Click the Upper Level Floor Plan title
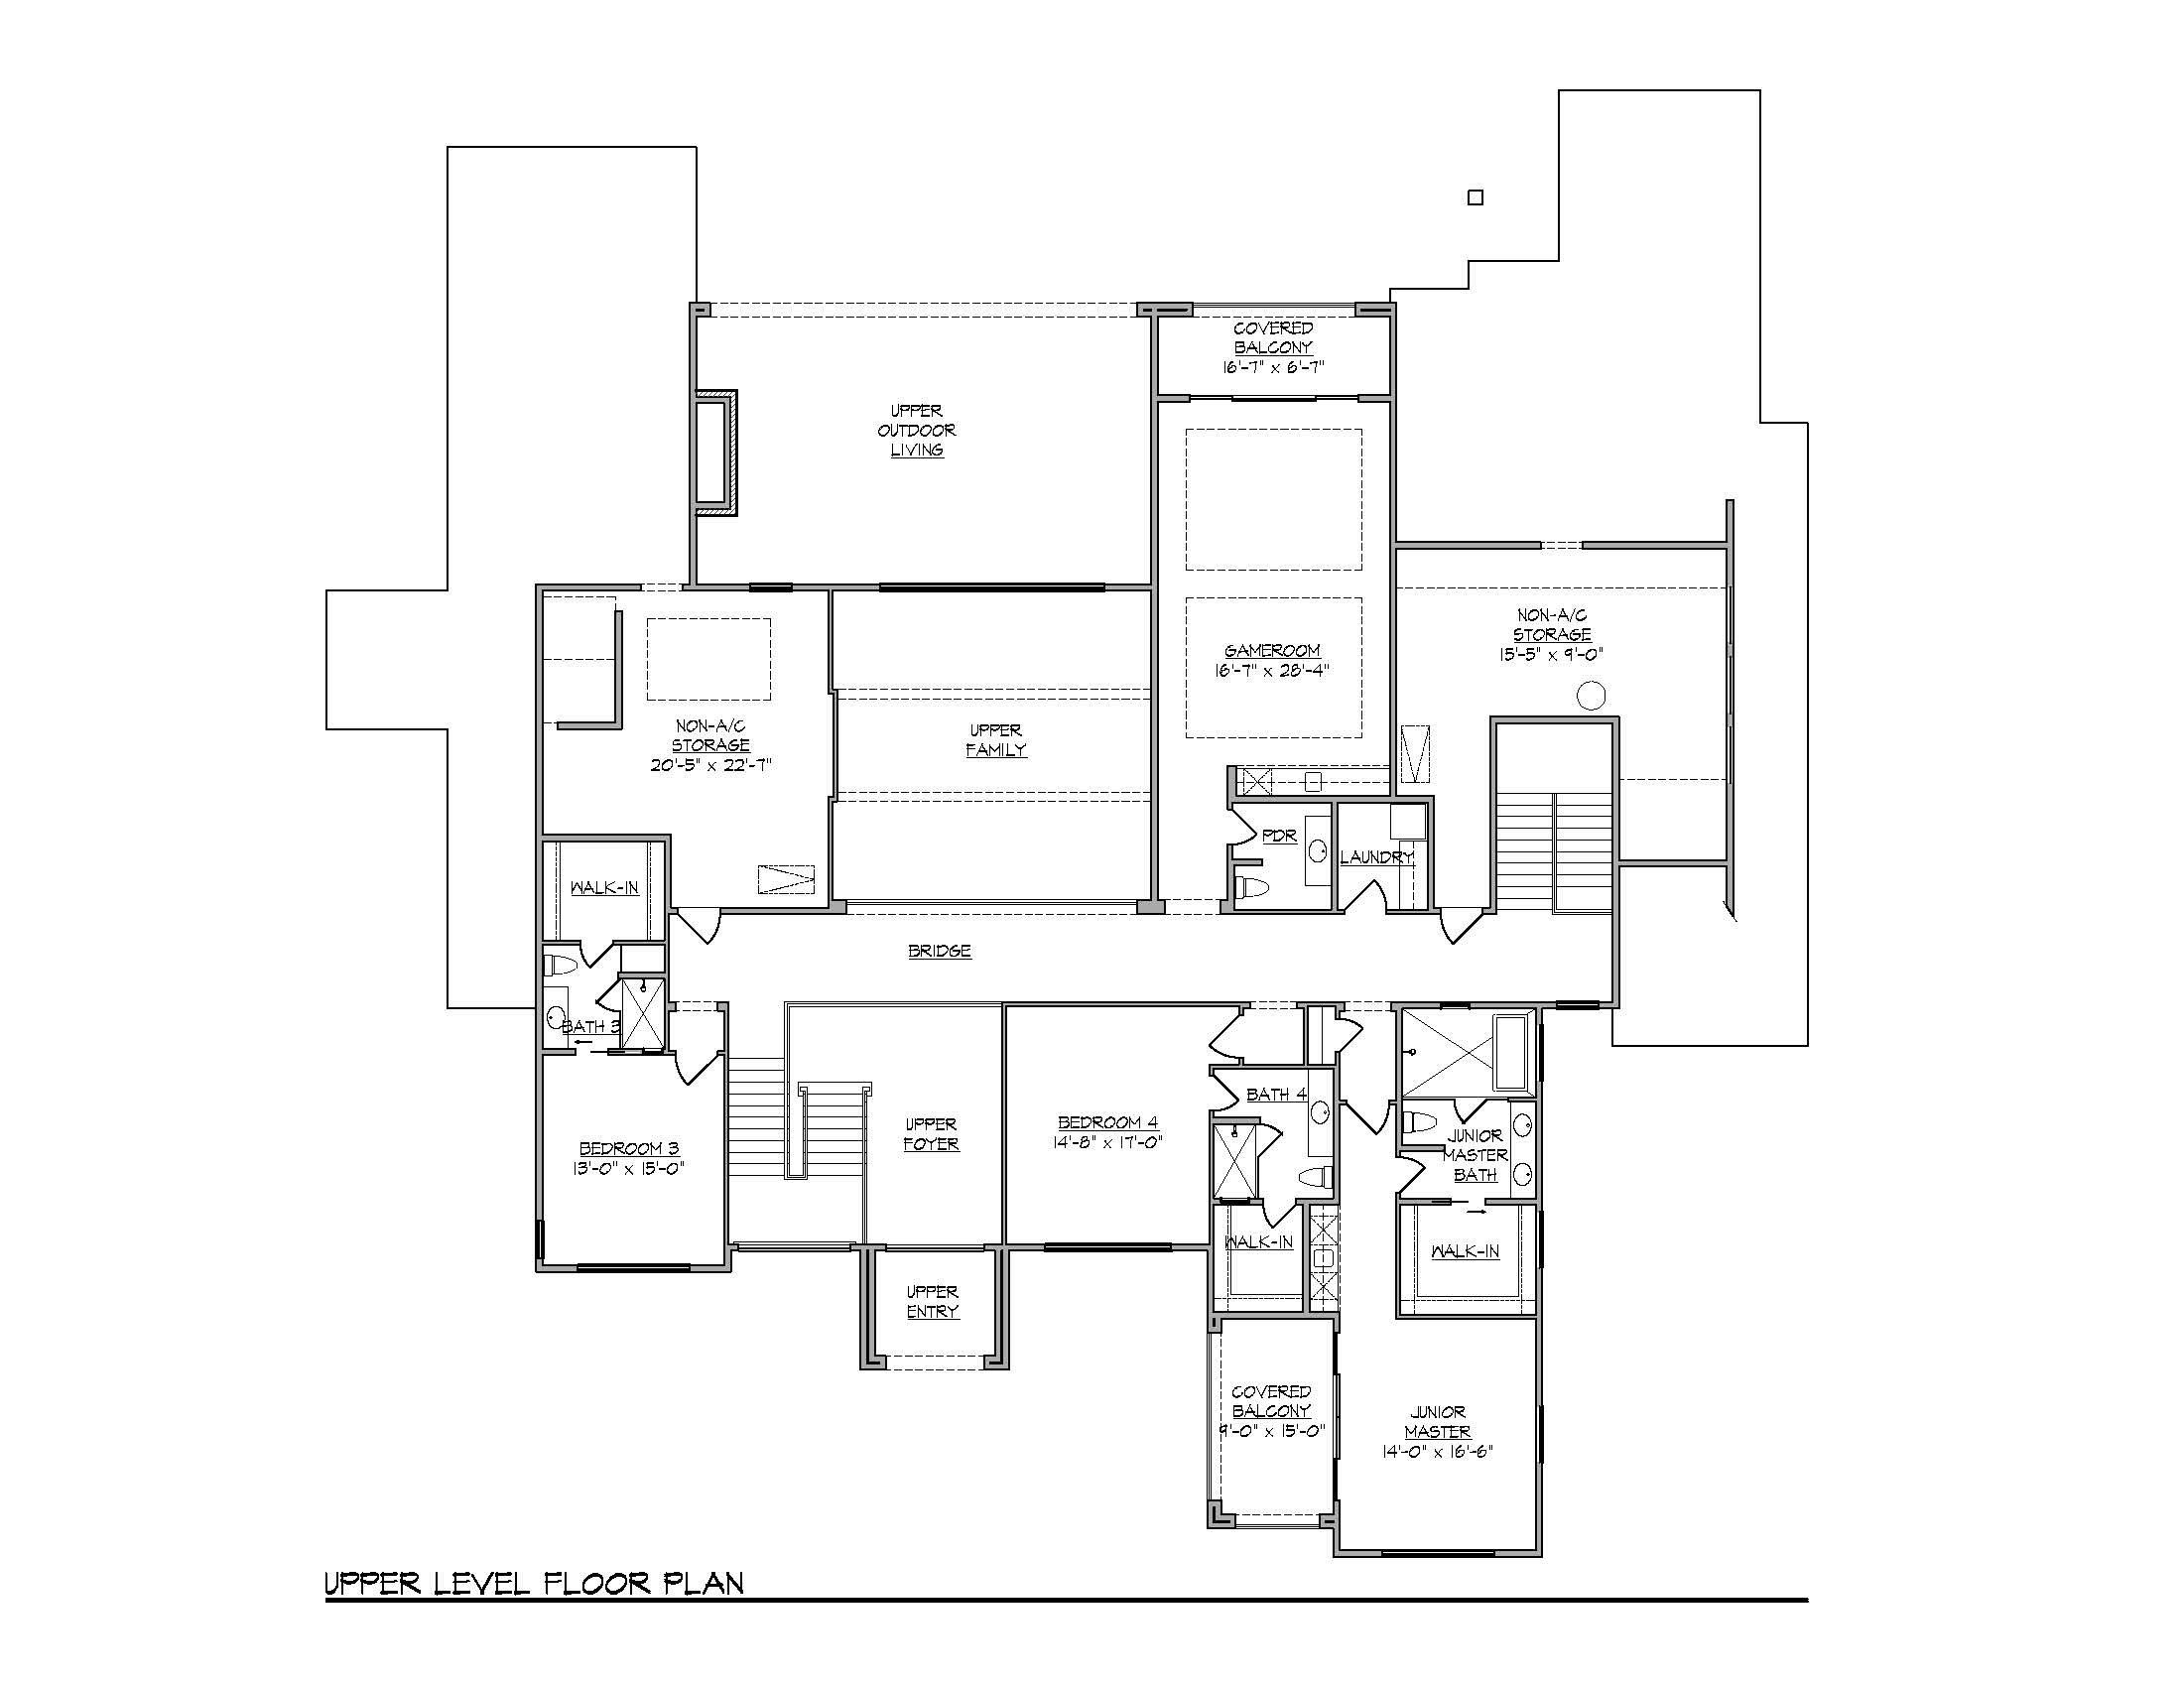pyautogui.click(x=534, y=1584)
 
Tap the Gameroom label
pyautogui.click(x=1272, y=651)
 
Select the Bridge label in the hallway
pyautogui.click(x=940, y=951)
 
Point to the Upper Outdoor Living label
pyautogui.click(x=917, y=430)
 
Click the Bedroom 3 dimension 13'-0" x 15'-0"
pyautogui.click(x=629, y=1168)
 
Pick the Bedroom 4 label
pyautogui.click(x=1107, y=1122)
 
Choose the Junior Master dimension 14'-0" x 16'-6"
pyautogui.click(x=1438, y=1451)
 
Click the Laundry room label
pyautogui.click(x=1376, y=856)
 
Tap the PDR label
pyautogui.click(x=1279, y=836)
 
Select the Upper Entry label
pyautogui.click(x=933, y=1301)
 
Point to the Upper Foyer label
pyautogui.click(x=932, y=1134)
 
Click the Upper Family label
pyautogui.click(x=996, y=739)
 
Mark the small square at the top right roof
pyautogui.click(x=1476, y=197)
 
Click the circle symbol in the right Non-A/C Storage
pyautogui.click(x=1592, y=695)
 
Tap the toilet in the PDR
pyautogui.click(x=1250, y=886)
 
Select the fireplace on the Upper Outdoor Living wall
pyautogui.click(x=716, y=452)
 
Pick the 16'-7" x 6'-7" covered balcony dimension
pyautogui.click(x=1272, y=367)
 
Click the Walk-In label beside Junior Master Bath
pyautogui.click(x=1466, y=1250)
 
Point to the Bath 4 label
pyautogui.click(x=1276, y=1095)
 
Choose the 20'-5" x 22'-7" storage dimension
pyautogui.click(x=710, y=765)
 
